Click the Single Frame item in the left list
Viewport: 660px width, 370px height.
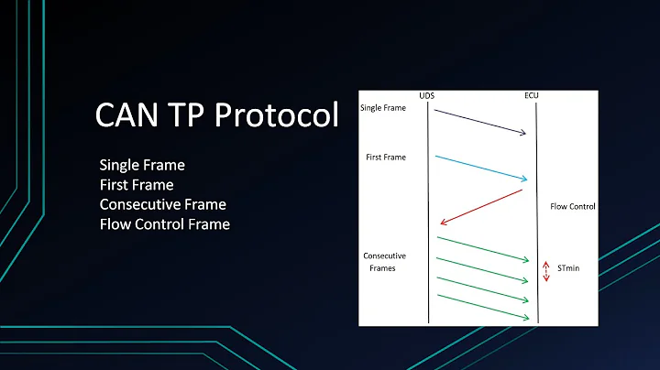coord(142,165)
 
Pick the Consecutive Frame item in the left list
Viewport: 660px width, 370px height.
coord(162,203)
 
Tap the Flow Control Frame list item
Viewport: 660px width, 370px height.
coord(164,223)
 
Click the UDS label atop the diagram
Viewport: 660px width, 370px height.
coord(427,96)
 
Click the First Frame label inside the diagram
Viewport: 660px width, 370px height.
coord(385,158)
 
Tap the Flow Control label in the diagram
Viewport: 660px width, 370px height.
coord(572,206)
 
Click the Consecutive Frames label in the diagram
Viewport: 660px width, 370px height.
coord(385,262)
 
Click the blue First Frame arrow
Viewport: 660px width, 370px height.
coord(481,168)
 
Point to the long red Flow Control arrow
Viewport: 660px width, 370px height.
coord(481,205)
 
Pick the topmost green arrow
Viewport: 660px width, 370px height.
coord(483,248)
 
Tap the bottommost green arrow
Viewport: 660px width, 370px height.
coord(483,306)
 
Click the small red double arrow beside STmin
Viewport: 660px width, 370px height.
coord(546,270)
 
